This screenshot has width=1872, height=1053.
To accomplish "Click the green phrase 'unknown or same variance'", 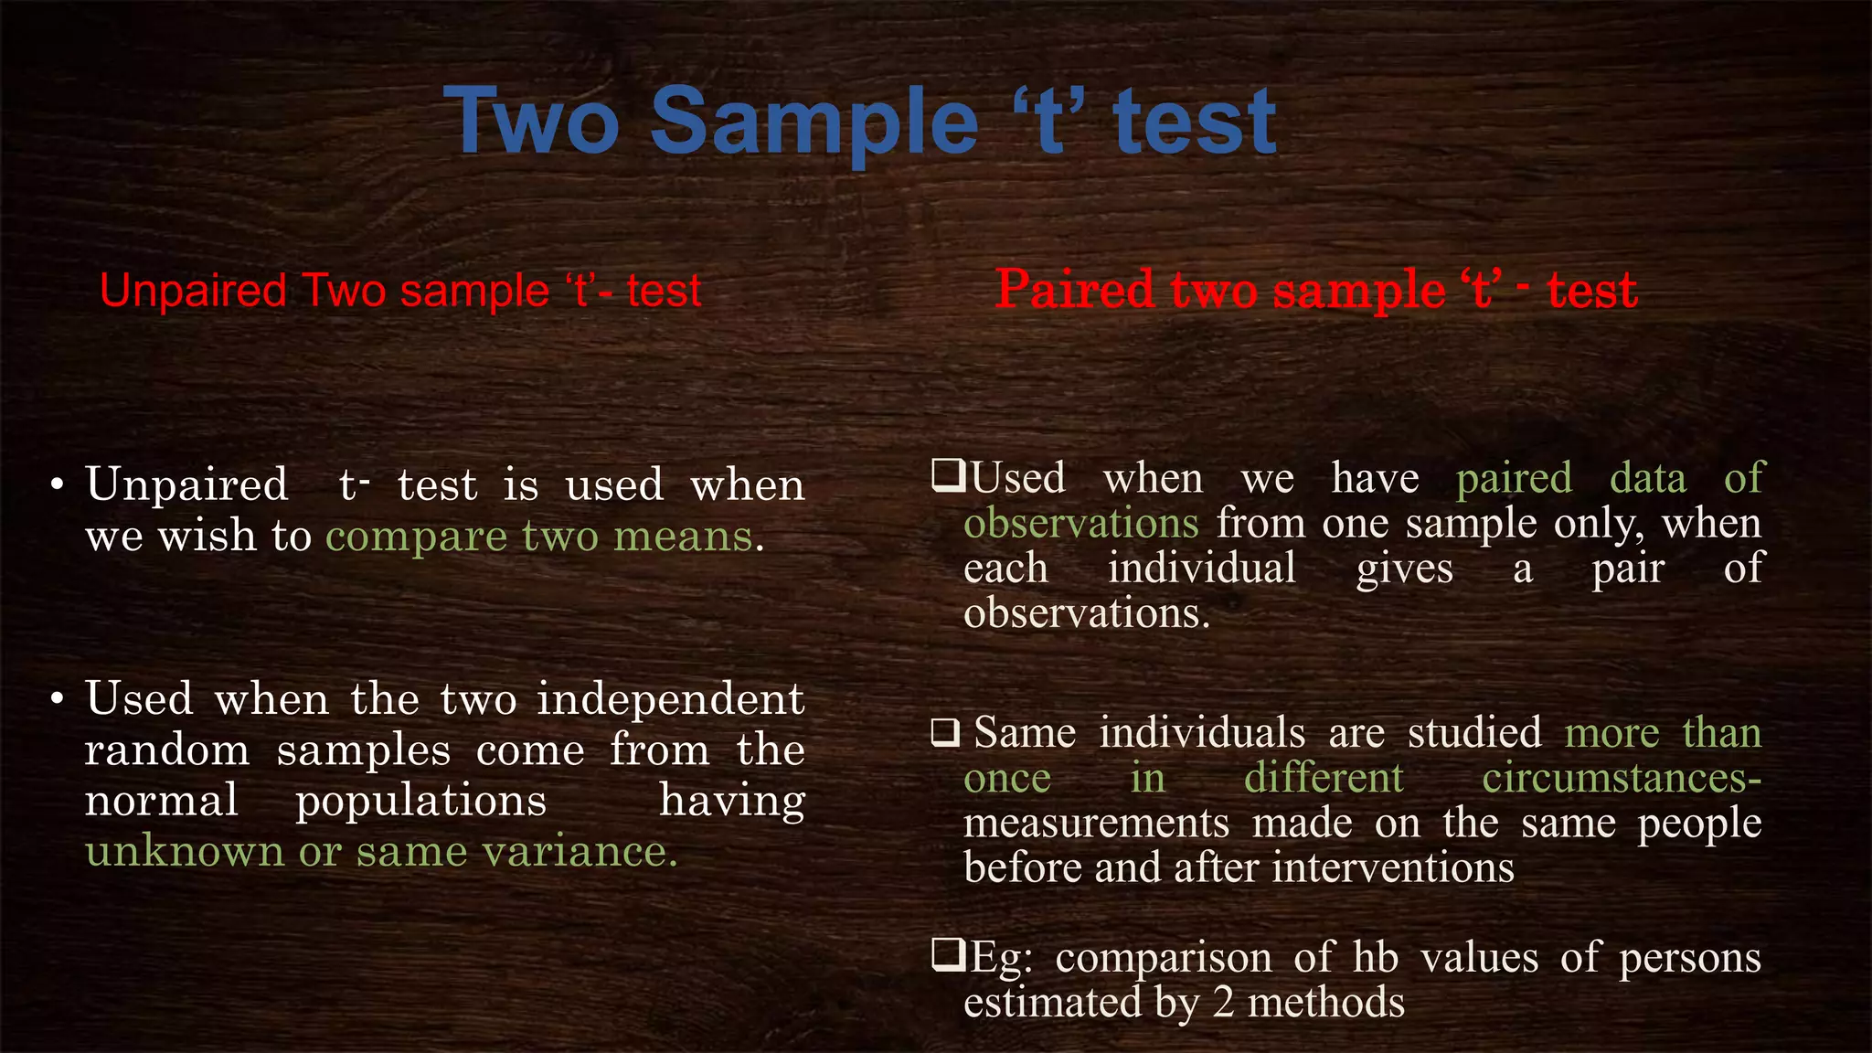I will [381, 852].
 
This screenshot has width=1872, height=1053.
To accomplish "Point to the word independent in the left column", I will [670, 700].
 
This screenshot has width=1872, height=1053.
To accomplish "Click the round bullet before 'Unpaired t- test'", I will [57, 485].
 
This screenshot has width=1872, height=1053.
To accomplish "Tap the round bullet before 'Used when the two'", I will [57, 700].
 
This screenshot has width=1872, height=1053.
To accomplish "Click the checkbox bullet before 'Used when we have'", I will [948, 476].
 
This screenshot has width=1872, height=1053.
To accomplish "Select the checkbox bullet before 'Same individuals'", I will [945, 732].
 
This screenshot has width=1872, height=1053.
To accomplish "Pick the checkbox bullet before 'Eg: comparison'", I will [948, 956].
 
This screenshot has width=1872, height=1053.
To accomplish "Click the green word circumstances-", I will [1621, 779].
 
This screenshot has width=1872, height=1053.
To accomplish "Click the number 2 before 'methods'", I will [1223, 1004].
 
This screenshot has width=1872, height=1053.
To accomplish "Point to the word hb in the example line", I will [1376, 958].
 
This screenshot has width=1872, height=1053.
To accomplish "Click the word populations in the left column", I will [420, 802].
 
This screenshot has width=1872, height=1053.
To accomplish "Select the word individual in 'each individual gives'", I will [1201, 568].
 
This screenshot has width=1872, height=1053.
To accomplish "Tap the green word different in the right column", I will [1323, 779].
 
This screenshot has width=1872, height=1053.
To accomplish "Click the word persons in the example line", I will [1689, 958].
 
